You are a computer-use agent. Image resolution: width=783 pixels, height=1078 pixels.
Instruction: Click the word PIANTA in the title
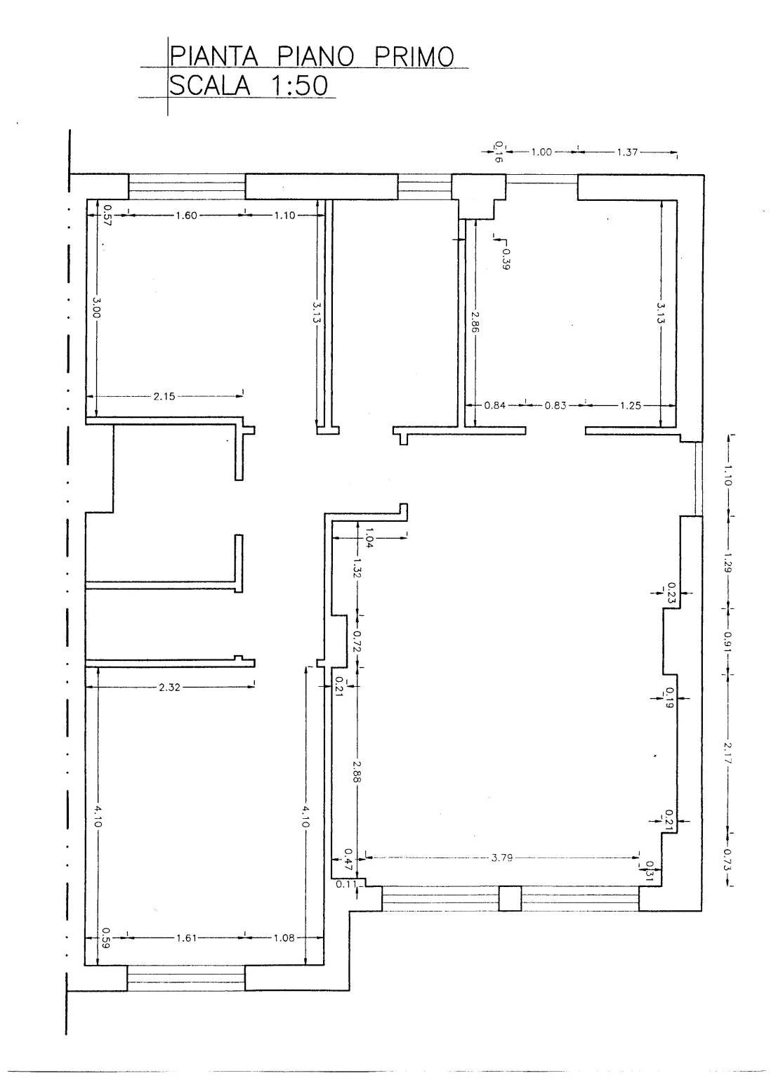pos(214,57)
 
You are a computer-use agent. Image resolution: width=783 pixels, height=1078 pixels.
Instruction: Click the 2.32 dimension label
pos(169,688)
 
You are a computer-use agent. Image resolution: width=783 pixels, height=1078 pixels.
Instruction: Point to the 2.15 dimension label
pos(164,397)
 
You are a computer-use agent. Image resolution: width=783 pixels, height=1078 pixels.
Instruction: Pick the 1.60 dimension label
pos(186,216)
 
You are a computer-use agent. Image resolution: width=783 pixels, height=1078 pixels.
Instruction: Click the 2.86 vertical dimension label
pos(475,322)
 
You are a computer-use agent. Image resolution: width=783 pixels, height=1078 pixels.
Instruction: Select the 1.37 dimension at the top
pos(627,152)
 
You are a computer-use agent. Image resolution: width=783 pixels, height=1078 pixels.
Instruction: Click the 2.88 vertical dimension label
pos(355,772)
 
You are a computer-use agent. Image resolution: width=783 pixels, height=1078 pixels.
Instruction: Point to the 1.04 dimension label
pos(369,537)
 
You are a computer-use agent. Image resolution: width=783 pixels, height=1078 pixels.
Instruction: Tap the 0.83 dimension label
pos(555,406)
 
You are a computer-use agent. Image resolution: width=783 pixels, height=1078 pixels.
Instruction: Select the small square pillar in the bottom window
pos(510,899)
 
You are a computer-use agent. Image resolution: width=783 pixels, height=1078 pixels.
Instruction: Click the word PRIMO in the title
pos(414,57)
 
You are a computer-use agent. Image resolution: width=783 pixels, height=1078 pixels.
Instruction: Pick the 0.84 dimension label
pos(494,406)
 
